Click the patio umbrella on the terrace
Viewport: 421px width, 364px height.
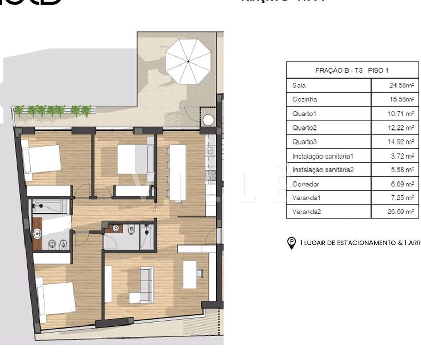tap(188, 61)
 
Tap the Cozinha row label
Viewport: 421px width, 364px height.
tap(305, 99)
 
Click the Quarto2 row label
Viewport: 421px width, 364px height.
tap(305, 127)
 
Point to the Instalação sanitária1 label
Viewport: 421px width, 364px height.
tap(323, 155)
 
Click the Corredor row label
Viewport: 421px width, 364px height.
tap(306, 184)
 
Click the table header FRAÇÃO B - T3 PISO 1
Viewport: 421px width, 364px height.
tap(352, 70)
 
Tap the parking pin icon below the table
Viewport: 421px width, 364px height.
tap(292, 243)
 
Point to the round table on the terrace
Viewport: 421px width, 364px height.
tap(208, 120)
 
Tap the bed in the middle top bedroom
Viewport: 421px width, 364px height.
tap(134, 159)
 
